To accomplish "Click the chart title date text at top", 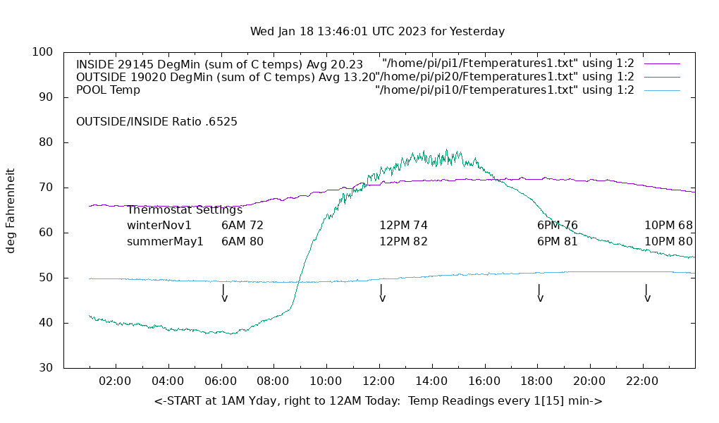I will (x=377, y=32).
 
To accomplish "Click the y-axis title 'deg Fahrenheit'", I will (x=11, y=210).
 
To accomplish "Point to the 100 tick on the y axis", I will (x=42, y=52).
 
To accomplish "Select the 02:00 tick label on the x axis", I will (x=115, y=381).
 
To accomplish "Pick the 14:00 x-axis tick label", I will (x=431, y=381).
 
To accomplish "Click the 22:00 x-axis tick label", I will (x=642, y=381).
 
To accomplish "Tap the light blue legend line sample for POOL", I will (x=662, y=90).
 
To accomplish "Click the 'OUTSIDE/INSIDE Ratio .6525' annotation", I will (x=156, y=121).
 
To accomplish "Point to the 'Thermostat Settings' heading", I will (x=185, y=210).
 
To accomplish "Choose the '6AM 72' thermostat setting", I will (x=242, y=226).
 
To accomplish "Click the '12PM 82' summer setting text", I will (x=403, y=241).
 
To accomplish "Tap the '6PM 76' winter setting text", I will (x=558, y=226).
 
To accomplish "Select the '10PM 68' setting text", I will (x=668, y=226).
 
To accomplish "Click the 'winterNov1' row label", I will (x=159, y=226).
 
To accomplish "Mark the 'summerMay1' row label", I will (x=165, y=241).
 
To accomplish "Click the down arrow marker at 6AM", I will (x=224, y=293).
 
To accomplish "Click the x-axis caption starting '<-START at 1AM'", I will (x=378, y=401).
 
